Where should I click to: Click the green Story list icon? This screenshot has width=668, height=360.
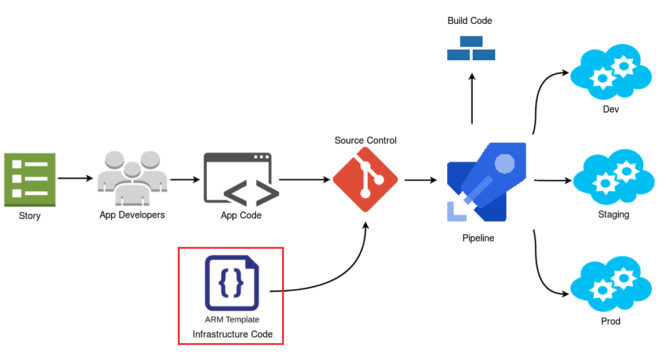[x=30, y=180]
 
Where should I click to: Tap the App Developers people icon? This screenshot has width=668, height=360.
[x=132, y=179]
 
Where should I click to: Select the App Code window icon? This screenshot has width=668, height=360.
[x=238, y=179]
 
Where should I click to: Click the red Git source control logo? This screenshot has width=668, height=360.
[x=365, y=180]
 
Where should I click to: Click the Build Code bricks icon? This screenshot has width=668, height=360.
[x=471, y=49]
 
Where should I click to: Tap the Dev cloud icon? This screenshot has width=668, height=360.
[x=611, y=72]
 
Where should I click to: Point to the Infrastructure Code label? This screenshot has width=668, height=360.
[x=232, y=334]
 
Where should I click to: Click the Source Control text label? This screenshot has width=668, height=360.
[x=366, y=140]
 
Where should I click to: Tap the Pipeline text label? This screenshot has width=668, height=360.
[x=478, y=238]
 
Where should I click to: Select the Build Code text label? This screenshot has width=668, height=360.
[x=470, y=21]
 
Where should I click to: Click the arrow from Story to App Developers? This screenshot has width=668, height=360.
[x=75, y=178]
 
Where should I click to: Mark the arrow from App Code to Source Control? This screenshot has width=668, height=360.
[x=304, y=180]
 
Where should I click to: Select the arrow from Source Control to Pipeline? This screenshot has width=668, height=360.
[x=421, y=180]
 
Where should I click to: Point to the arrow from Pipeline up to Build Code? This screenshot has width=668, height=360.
[x=472, y=99]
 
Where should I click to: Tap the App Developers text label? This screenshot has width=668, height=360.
[x=132, y=215]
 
